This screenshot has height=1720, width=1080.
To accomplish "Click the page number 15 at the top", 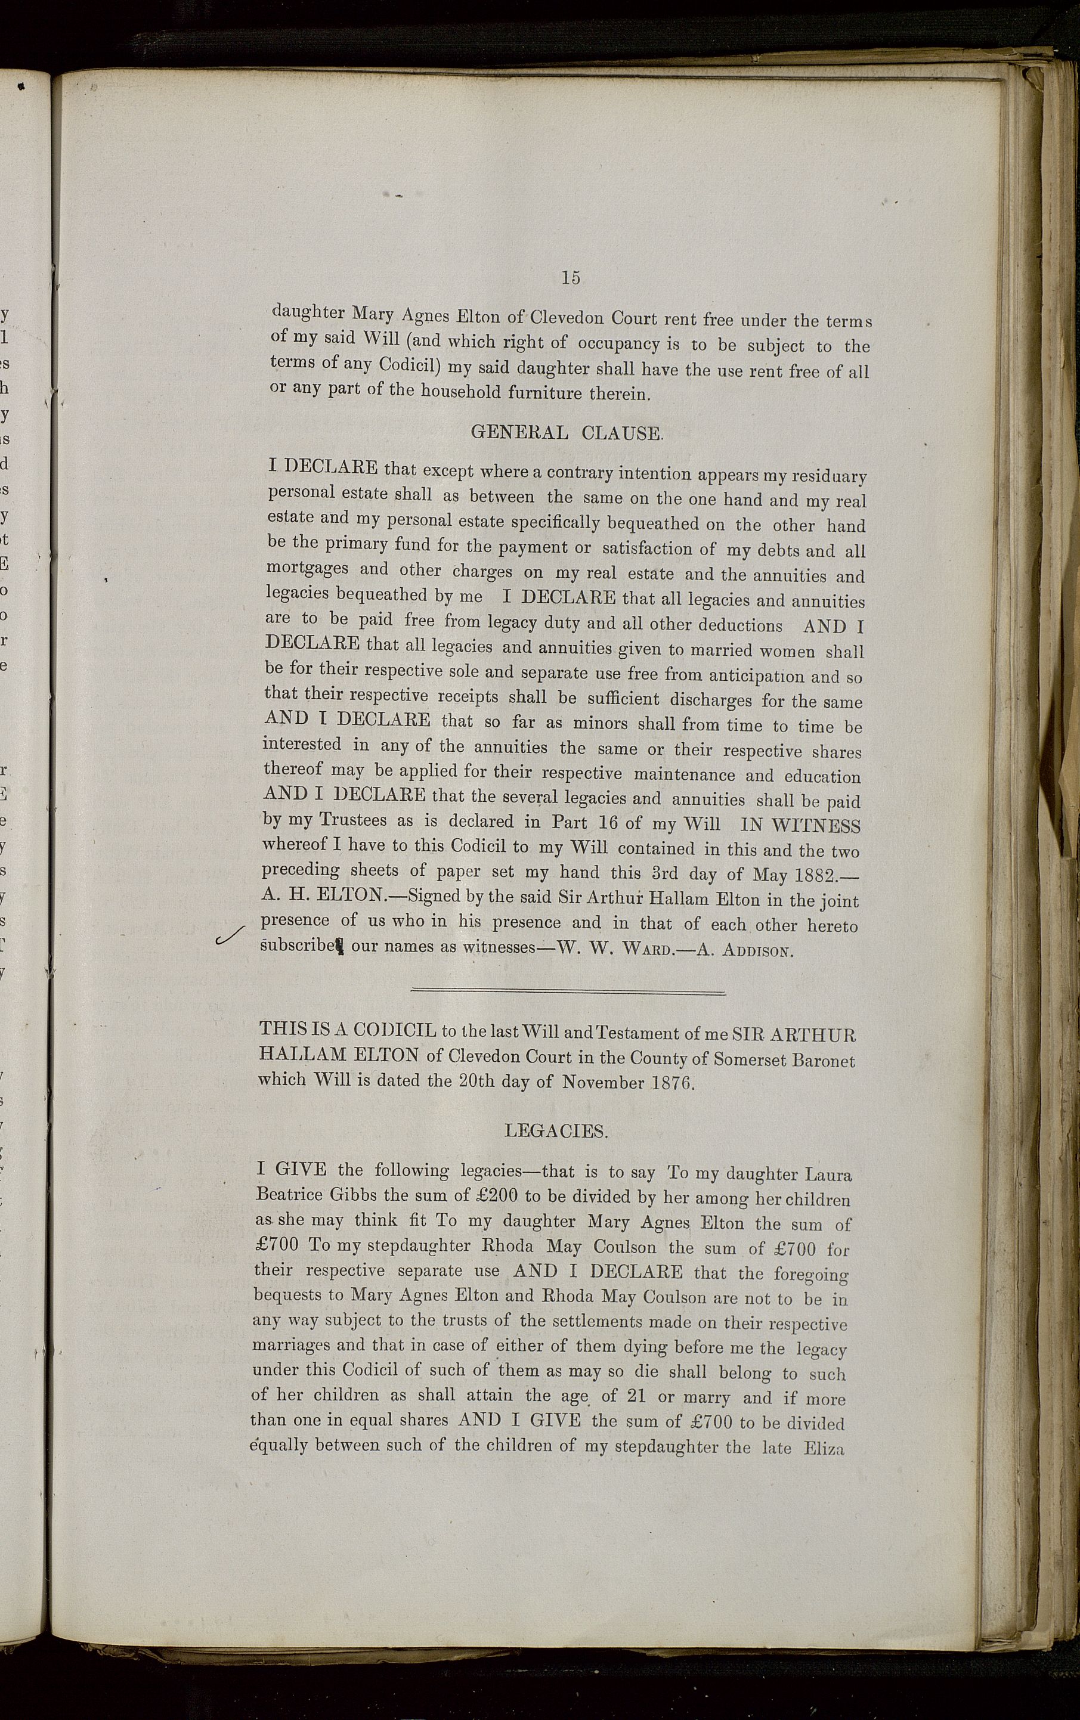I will coord(570,278).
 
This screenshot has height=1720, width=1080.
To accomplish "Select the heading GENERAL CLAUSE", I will coord(567,433).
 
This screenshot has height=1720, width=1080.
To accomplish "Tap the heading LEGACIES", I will coord(556,1131).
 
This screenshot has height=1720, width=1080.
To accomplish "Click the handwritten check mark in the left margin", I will coord(230,936).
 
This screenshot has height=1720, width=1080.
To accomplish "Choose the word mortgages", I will coord(308,569).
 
